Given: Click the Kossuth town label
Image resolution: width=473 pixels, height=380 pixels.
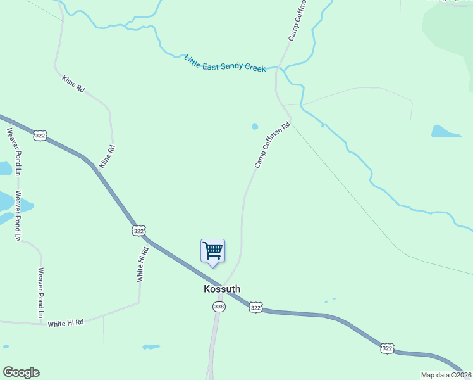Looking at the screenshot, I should [x=222, y=289].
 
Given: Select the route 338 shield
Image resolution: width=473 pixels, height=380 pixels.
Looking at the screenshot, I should [x=219, y=307].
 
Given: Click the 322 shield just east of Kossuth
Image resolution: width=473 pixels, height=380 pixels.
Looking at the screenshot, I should [x=255, y=307].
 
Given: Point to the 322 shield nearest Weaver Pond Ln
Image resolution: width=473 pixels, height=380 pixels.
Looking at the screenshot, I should [x=40, y=136].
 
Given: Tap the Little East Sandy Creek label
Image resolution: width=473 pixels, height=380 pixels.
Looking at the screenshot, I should [x=225, y=63].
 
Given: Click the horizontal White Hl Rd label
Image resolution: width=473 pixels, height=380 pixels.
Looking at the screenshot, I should [x=66, y=322].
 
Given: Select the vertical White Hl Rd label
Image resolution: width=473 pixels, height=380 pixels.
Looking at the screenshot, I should [x=143, y=264].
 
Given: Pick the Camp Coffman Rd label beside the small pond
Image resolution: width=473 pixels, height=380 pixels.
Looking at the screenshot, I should [x=272, y=145].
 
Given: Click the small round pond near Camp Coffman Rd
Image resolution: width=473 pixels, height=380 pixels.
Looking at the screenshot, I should [x=255, y=126].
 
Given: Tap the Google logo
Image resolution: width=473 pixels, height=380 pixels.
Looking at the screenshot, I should [x=21, y=372].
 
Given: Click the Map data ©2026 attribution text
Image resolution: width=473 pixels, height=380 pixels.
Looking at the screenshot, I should [x=446, y=375].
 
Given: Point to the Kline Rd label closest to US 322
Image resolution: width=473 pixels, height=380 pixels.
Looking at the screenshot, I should [x=107, y=157].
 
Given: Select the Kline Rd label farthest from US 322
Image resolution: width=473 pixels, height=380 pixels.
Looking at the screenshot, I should [x=73, y=84].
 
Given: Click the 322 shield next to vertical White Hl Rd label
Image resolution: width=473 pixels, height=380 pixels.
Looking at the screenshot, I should [x=139, y=231].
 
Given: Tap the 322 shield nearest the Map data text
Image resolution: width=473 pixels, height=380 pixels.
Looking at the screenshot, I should [x=388, y=348].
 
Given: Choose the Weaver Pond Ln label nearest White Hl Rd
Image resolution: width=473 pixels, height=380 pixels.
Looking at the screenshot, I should [x=40, y=293].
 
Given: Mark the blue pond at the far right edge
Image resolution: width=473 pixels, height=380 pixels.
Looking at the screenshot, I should [x=445, y=132].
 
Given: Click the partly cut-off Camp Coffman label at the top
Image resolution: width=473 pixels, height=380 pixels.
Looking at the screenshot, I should [x=298, y=20].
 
